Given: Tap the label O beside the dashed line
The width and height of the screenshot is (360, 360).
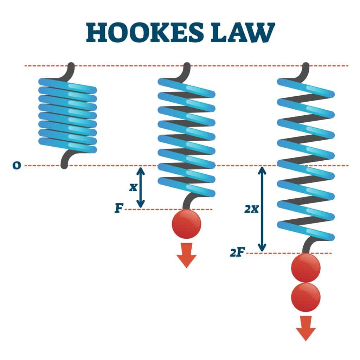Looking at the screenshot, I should [16, 165].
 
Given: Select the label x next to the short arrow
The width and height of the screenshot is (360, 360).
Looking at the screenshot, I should [133, 187].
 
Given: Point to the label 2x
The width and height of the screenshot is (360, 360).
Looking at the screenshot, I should [251, 210].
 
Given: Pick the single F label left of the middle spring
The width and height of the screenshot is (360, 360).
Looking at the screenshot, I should [119, 209].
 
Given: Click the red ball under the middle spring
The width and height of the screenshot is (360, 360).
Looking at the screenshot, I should [186, 224].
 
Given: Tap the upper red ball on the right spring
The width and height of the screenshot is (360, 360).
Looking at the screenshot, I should [306, 268].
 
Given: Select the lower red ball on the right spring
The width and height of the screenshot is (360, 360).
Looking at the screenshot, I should [306, 297].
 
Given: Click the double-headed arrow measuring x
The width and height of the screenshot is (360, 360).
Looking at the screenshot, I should [141, 187].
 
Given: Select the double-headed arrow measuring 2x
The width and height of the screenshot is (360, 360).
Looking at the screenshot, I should [261, 209].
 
